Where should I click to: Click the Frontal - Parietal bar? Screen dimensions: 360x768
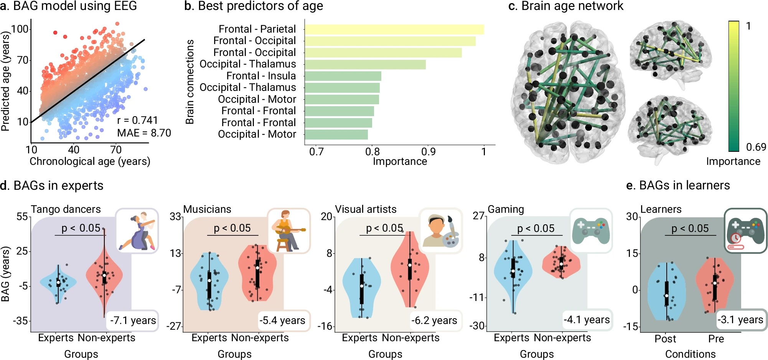pyautogui.click(x=394, y=30)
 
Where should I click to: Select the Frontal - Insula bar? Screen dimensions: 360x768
pyautogui.click(x=343, y=76)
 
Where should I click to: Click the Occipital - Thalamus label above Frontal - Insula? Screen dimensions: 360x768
pyautogui.click(x=247, y=64)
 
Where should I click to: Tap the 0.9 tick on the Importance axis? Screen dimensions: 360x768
pyautogui.click(x=428, y=152)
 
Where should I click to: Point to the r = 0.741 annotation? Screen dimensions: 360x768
pyautogui.click(x=137, y=120)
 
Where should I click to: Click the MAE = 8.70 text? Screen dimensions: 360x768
pyautogui.click(x=144, y=133)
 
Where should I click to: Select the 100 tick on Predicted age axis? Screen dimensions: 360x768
pyautogui.click(x=20, y=29)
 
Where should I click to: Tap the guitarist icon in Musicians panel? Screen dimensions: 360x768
pyautogui.click(x=288, y=231)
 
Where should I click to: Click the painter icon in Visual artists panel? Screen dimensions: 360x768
pyautogui.click(x=440, y=231)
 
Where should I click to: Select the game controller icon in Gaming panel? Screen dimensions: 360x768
pyautogui.click(x=591, y=230)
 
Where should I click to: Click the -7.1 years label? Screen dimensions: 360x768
pyautogui.click(x=133, y=321)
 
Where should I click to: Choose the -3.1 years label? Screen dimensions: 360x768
pyautogui.click(x=740, y=320)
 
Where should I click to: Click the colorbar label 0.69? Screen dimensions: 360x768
pyautogui.click(x=756, y=147)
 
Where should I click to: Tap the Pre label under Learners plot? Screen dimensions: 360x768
pyautogui.click(x=716, y=339)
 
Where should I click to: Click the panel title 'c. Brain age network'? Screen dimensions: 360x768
pyautogui.click(x=565, y=6)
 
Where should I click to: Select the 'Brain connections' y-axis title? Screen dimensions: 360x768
pyautogui.click(x=190, y=82)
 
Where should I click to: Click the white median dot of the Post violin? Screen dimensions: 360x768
pyautogui.click(x=667, y=296)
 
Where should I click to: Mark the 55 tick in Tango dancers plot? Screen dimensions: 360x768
pyautogui.click(x=22, y=217)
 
